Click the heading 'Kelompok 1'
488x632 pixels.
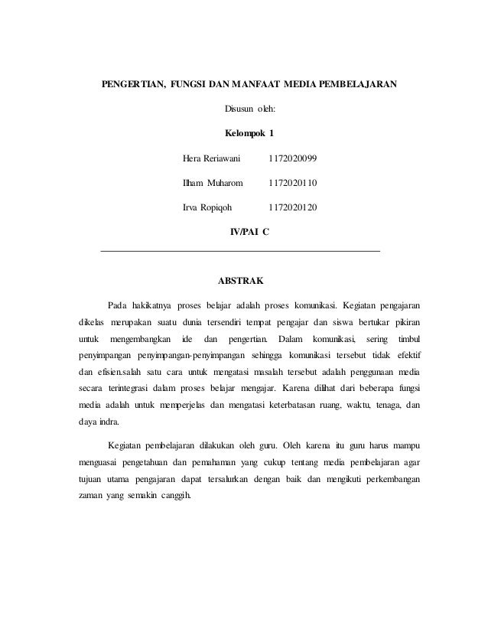click(x=248, y=134)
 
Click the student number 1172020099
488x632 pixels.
click(x=294, y=158)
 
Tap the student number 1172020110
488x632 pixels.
click(x=294, y=184)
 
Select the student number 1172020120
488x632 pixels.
click(x=294, y=208)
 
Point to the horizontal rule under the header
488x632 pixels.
click(x=240, y=251)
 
